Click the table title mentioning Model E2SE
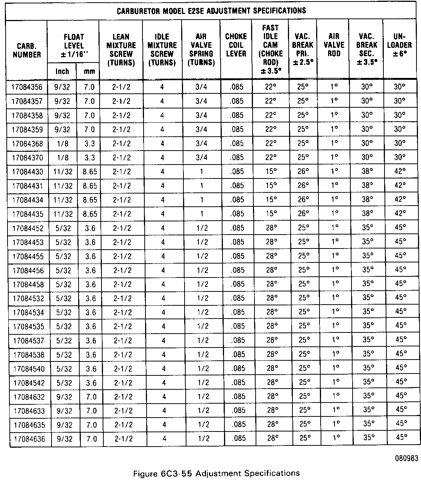[x=212, y=11]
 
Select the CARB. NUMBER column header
[x=26, y=50]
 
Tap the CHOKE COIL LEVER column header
[x=236, y=45]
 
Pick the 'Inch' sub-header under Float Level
[x=62, y=71]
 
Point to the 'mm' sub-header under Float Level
[x=89, y=71]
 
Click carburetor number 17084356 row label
[x=27, y=87]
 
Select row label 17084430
[x=27, y=172]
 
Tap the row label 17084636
[x=29, y=439]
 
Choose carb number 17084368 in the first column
[x=27, y=144]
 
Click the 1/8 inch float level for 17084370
[x=62, y=158]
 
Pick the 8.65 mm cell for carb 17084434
[x=90, y=200]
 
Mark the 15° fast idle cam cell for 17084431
[x=271, y=186]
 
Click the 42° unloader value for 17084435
[x=400, y=213]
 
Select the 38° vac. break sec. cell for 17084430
[x=367, y=171]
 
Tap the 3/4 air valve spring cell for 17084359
[x=201, y=130]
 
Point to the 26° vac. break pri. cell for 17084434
[x=303, y=200]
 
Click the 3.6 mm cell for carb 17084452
[x=90, y=228]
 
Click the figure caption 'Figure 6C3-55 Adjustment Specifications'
[x=217, y=473]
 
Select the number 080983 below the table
[x=406, y=459]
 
